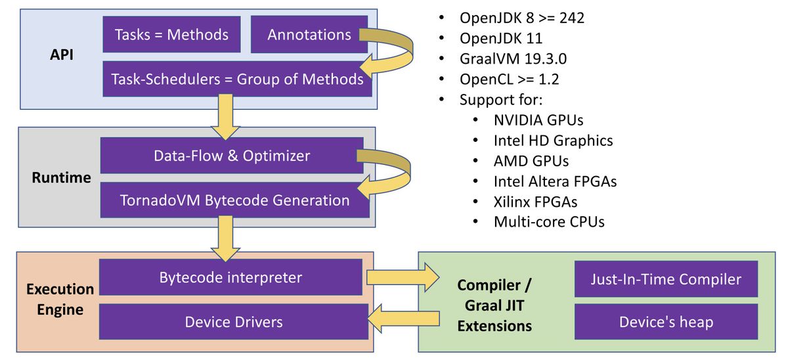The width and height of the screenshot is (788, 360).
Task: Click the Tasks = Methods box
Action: pyautogui.click(x=171, y=34)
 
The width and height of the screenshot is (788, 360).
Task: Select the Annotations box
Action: pyautogui.click(x=309, y=34)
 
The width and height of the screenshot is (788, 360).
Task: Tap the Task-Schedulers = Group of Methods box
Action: pyautogui.click(x=237, y=79)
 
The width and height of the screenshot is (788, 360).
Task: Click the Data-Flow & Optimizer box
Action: pyautogui.click(x=232, y=156)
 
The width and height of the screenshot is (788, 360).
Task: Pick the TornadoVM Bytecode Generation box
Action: pyautogui.click(x=234, y=200)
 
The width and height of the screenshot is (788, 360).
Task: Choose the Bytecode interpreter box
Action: pyautogui.click(x=230, y=277)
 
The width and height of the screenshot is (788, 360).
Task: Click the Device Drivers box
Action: pyautogui.click(x=234, y=322)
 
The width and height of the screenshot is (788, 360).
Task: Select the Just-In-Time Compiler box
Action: pyautogui.click(x=666, y=279)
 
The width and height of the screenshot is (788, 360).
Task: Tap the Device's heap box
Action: pyautogui.click(x=666, y=322)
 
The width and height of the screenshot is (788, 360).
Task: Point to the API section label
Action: pyautogui.click(x=62, y=55)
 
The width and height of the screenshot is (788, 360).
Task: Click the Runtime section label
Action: pyautogui.click(x=61, y=177)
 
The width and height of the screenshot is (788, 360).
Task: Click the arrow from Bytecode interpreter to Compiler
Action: pyautogui.click(x=403, y=277)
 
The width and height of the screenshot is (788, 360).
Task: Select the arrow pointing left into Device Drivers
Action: pyautogui.click(x=403, y=319)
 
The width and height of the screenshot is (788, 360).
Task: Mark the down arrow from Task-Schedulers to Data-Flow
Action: pyautogui.click(x=225, y=117)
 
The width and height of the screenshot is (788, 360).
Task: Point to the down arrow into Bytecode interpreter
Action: pyautogui.click(x=225, y=238)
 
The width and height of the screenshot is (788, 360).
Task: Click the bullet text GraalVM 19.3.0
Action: pyautogui.click(x=513, y=58)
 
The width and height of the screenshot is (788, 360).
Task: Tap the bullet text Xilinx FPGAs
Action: pyautogui.click(x=535, y=202)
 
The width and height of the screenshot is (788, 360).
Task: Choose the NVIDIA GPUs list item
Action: pyautogui.click(x=538, y=120)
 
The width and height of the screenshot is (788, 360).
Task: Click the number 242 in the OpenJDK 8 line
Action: pyautogui.click(x=572, y=18)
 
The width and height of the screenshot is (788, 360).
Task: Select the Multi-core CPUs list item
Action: pyautogui.click(x=549, y=222)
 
